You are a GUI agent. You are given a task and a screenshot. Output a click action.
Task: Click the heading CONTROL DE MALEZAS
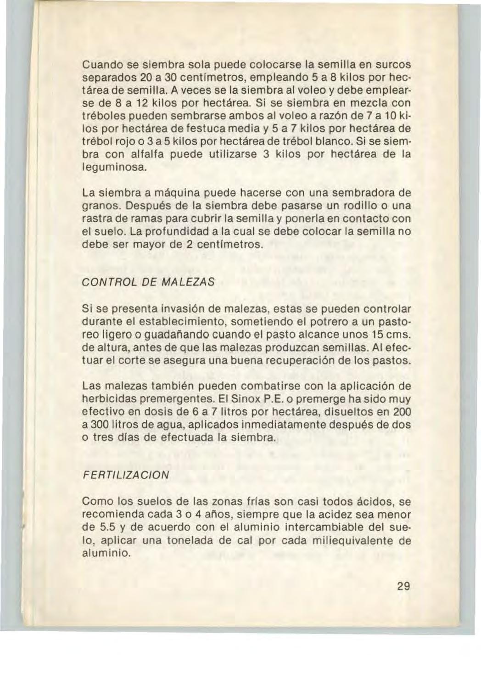[x=147, y=281]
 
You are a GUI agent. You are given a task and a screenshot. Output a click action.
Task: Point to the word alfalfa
[x=145, y=155]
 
